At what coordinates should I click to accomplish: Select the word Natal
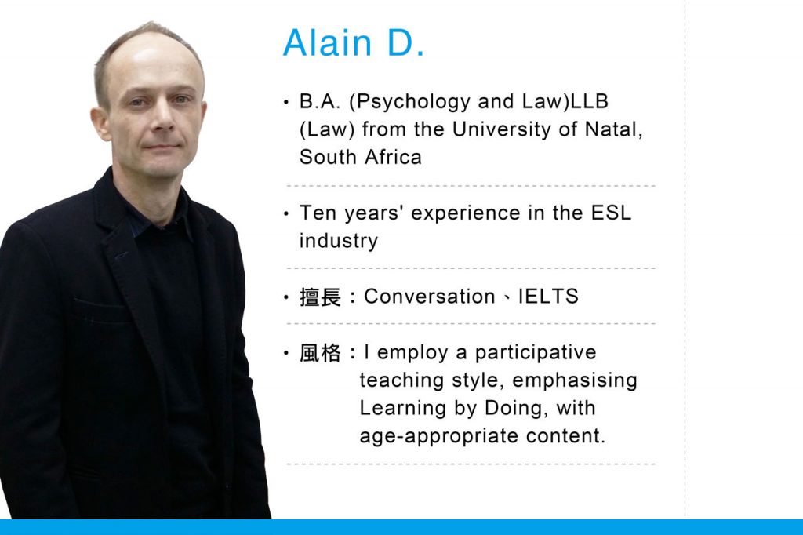pyautogui.click(x=614, y=129)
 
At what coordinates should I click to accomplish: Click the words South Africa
pyautogui.click(x=360, y=157)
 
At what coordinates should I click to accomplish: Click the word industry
pyautogui.click(x=338, y=241)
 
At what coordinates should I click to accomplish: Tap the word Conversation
pyautogui.click(x=429, y=297)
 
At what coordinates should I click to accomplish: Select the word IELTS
pyautogui.click(x=548, y=297)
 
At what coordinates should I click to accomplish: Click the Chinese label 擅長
pyautogui.click(x=320, y=297)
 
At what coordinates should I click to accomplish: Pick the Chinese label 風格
pyautogui.click(x=320, y=353)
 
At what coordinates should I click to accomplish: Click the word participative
pyautogui.click(x=536, y=353)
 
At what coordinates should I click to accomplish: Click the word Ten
pyautogui.click(x=316, y=213)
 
